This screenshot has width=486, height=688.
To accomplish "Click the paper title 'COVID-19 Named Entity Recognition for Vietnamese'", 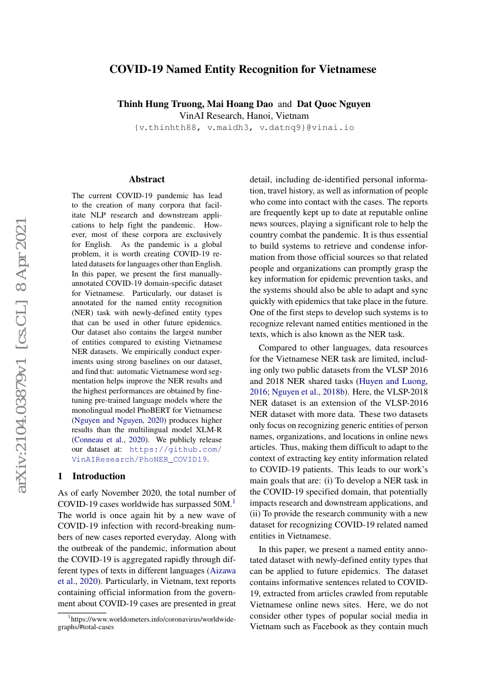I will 243,69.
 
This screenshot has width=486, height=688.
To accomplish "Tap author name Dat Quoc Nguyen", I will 334,104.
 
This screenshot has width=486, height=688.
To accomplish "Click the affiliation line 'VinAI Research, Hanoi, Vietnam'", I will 243,116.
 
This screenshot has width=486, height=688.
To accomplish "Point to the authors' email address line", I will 244,127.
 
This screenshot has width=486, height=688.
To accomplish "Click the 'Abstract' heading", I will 147,179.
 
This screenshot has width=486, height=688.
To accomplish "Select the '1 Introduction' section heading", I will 92,476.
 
